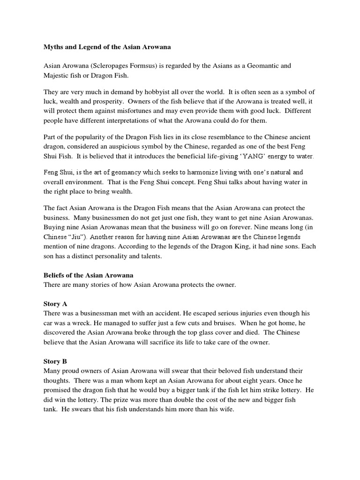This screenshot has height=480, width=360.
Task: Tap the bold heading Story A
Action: point(56,304)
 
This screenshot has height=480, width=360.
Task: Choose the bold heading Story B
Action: point(56,361)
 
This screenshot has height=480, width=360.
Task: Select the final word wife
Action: point(225,409)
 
